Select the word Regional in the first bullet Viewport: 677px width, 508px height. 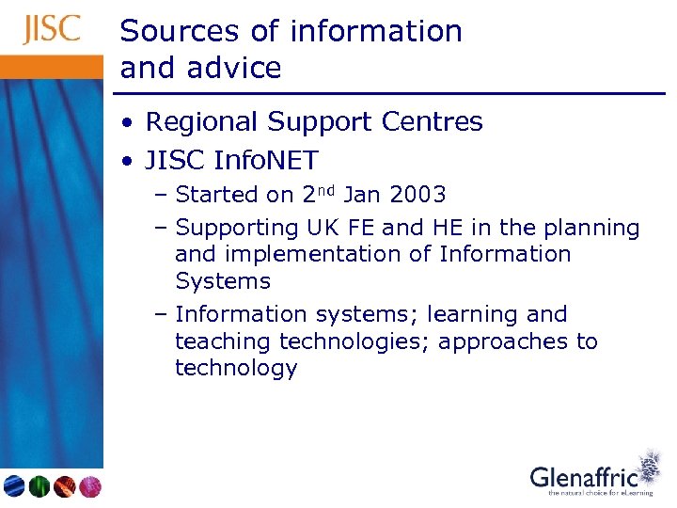tap(201, 122)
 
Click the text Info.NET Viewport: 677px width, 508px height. tap(267, 161)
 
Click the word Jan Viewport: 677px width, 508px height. tap(361, 195)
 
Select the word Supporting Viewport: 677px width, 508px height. tap(237, 229)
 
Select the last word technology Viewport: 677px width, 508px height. tap(236, 368)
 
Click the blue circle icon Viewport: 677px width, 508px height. tap(14, 486)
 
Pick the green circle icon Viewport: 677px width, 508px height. tap(39, 486)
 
